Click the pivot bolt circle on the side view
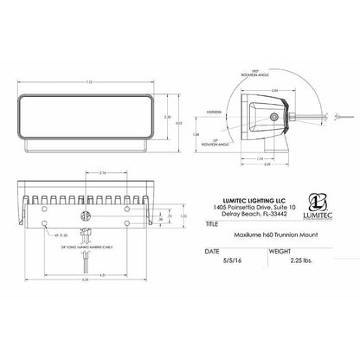[275, 116]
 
